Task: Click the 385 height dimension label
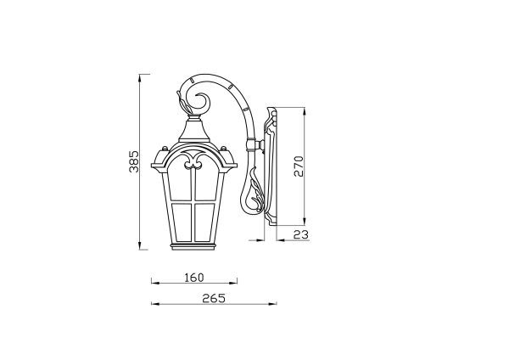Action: (134, 161)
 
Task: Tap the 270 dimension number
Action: (299, 166)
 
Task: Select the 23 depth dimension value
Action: (300, 234)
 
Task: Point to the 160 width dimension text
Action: (194, 278)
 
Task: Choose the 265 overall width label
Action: (214, 298)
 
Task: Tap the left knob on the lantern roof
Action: (165, 149)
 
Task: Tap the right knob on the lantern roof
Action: (223, 149)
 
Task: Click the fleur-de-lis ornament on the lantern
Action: (193, 160)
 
